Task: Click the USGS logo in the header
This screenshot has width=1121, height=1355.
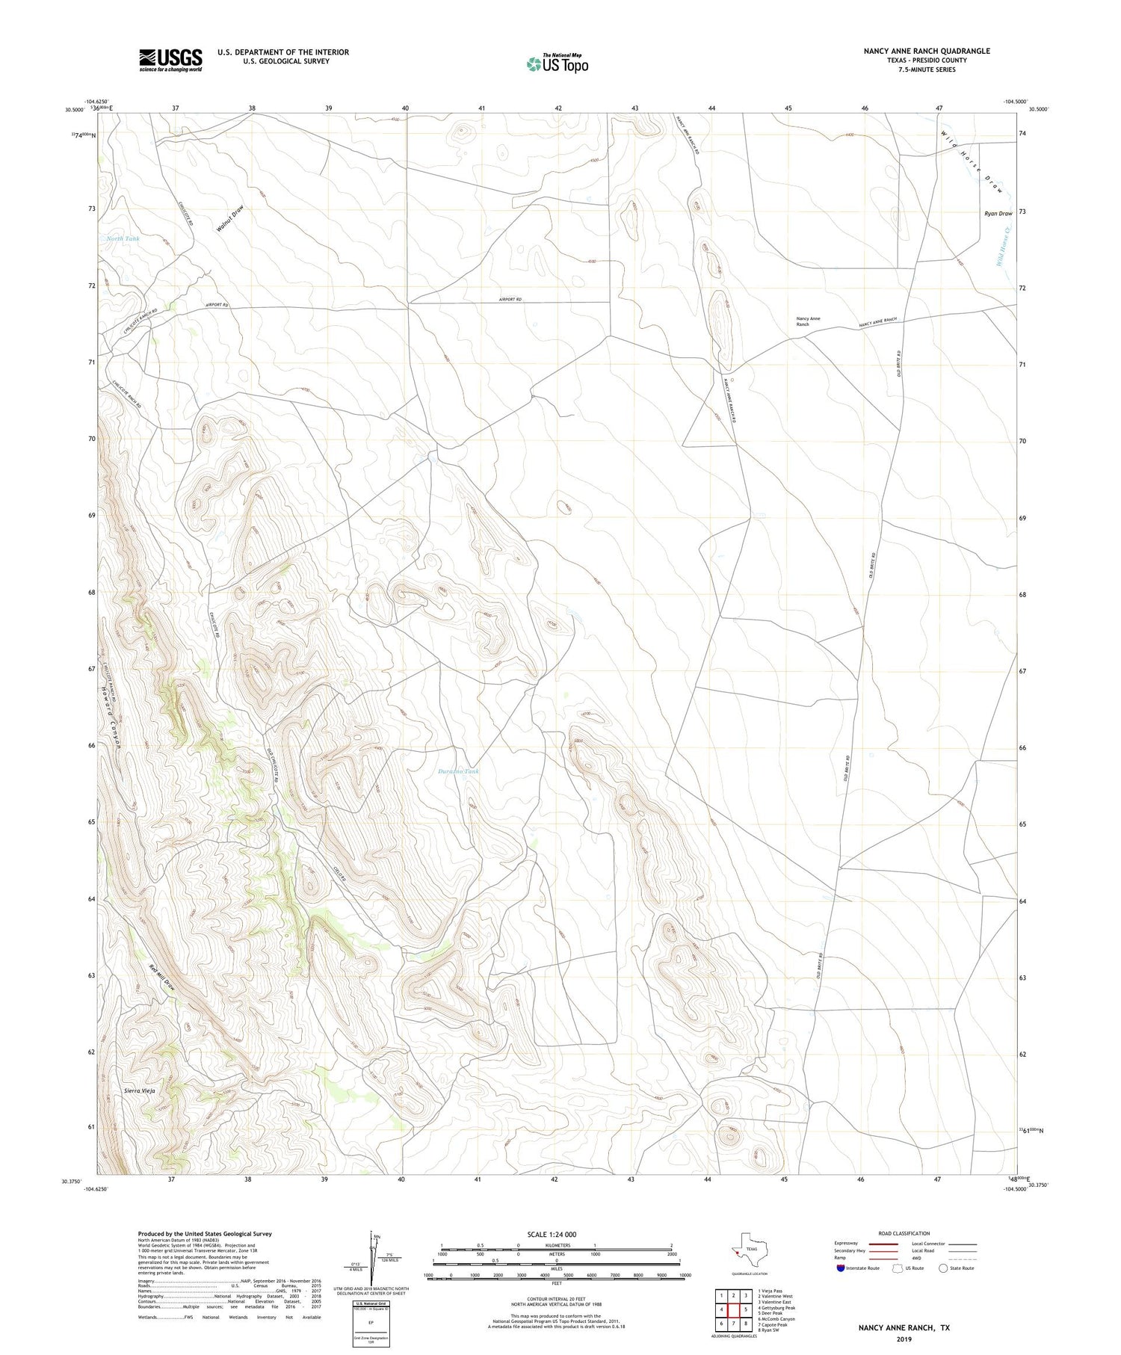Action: click(x=170, y=60)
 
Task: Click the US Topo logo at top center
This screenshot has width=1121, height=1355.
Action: click(x=557, y=64)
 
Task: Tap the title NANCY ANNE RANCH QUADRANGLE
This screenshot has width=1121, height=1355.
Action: click(x=927, y=51)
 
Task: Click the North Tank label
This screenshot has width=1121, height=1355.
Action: click(x=123, y=239)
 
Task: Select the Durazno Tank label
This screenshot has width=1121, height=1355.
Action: click(x=458, y=771)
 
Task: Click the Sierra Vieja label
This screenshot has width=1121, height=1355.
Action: click(x=140, y=1092)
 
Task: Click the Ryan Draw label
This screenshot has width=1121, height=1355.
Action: click(x=998, y=214)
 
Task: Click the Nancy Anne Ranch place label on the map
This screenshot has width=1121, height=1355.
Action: click(x=808, y=321)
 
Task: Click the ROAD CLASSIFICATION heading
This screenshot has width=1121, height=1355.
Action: click(x=904, y=1233)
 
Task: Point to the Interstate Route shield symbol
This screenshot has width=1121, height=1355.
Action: click(x=841, y=1268)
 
